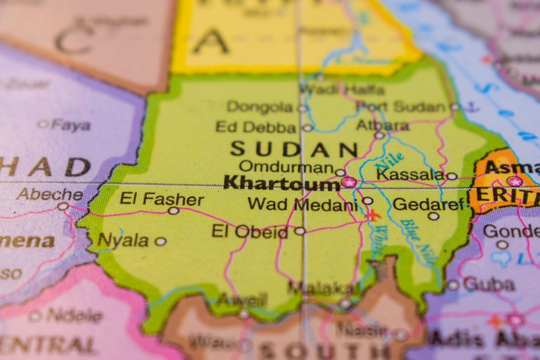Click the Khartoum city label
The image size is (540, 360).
click(x=281, y=183)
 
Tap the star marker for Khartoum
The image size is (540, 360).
click(x=349, y=182)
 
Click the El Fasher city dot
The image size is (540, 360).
click(x=173, y=211)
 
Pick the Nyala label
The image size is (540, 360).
click(x=123, y=241)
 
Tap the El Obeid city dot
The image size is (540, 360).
click(x=300, y=231)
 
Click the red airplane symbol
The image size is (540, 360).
click(x=373, y=215)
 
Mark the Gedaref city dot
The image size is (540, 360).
click(x=433, y=216)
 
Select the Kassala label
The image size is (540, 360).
click(x=410, y=174)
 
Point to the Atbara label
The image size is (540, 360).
click(x=382, y=125)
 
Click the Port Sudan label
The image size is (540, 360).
click(x=401, y=106)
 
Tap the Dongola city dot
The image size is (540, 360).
click(x=302, y=109)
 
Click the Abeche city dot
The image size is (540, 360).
click(x=63, y=206)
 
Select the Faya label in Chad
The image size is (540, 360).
click(x=71, y=125)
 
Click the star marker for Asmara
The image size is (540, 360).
click(x=515, y=181)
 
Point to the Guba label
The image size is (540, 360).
click(x=488, y=285)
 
